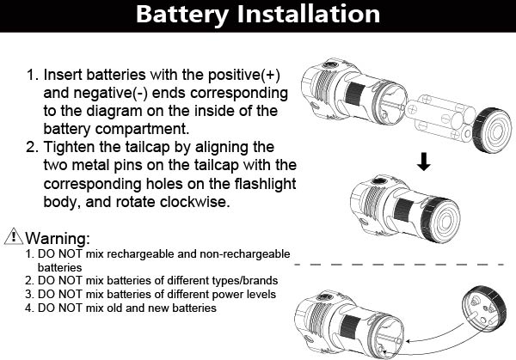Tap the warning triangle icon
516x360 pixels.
(13, 235)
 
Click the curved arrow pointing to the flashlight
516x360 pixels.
(430, 340)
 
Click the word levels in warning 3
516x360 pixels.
(257, 294)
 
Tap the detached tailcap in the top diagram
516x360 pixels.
(492, 128)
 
